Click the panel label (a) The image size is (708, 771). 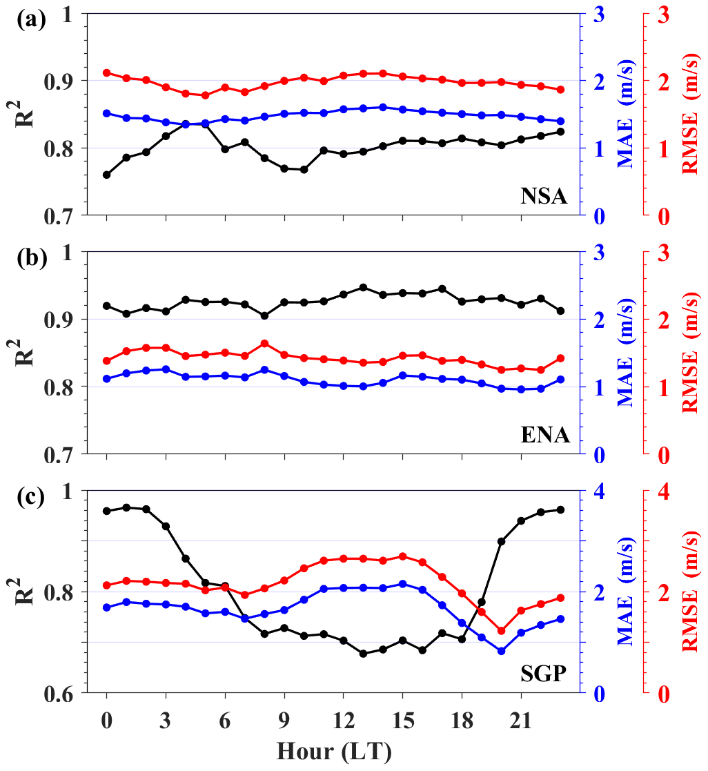pyautogui.click(x=32, y=19)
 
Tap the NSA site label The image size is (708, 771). pyautogui.click(x=544, y=197)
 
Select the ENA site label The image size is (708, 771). pyautogui.click(x=544, y=436)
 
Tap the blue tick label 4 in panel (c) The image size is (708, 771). pyautogui.click(x=598, y=491)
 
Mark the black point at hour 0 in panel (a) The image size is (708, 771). pyautogui.click(x=106, y=175)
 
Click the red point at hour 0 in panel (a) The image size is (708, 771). pyautogui.click(x=106, y=72)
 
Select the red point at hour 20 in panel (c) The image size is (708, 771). pyautogui.click(x=502, y=630)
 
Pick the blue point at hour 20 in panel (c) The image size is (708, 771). pyautogui.click(x=502, y=651)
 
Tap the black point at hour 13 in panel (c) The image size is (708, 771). pyautogui.click(x=363, y=653)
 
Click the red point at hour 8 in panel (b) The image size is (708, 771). pyautogui.click(x=264, y=343)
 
